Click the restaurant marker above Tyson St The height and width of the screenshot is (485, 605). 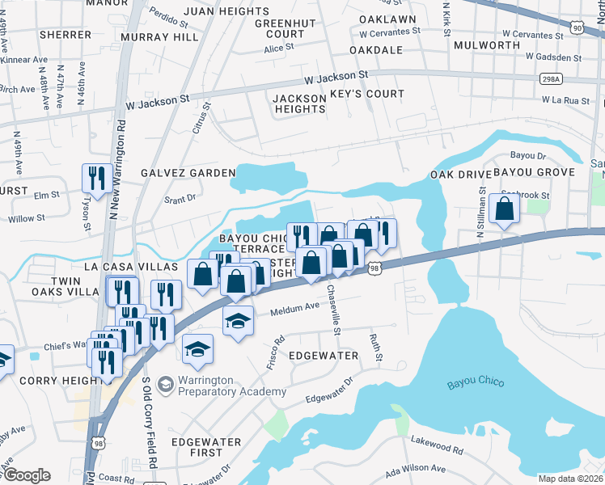click(97, 179)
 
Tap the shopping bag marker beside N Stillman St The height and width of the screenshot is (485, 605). click(504, 209)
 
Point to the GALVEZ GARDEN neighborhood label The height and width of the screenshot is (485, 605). click(188, 173)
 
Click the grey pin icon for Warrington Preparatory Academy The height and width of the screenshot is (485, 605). click(166, 381)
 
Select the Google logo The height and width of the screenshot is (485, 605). click(26, 475)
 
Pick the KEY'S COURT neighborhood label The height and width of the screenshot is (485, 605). click(367, 94)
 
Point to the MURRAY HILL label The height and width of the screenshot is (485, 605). click(159, 37)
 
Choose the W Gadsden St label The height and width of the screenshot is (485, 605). click(552, 58)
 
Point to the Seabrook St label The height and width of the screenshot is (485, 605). click(525, 195)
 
